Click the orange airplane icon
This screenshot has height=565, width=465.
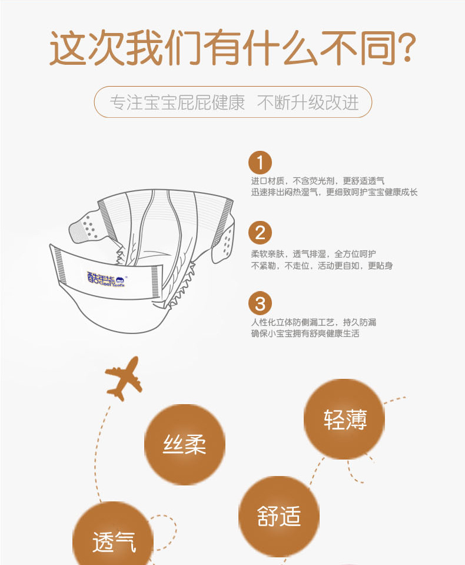click(x=124, y=378)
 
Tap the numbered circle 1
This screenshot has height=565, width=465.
click(x=260, y=162)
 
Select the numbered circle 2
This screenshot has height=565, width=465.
click(x=260, y=233)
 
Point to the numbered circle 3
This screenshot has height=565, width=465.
click(x=260, y=304)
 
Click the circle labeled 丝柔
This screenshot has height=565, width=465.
click(x=185, y=444)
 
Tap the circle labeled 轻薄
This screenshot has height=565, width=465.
click(x=344, y=419)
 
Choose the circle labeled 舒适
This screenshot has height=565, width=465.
click(x=278, y=516)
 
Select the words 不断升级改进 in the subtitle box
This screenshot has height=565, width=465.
click(x=308, y=103)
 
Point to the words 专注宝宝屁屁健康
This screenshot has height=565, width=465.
click(x=177, y=103)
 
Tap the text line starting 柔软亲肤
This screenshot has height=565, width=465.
click(x=314, y=254)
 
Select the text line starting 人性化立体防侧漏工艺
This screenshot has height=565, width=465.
click(x=314, y=322)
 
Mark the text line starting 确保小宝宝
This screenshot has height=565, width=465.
click(x=305, y=333)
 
